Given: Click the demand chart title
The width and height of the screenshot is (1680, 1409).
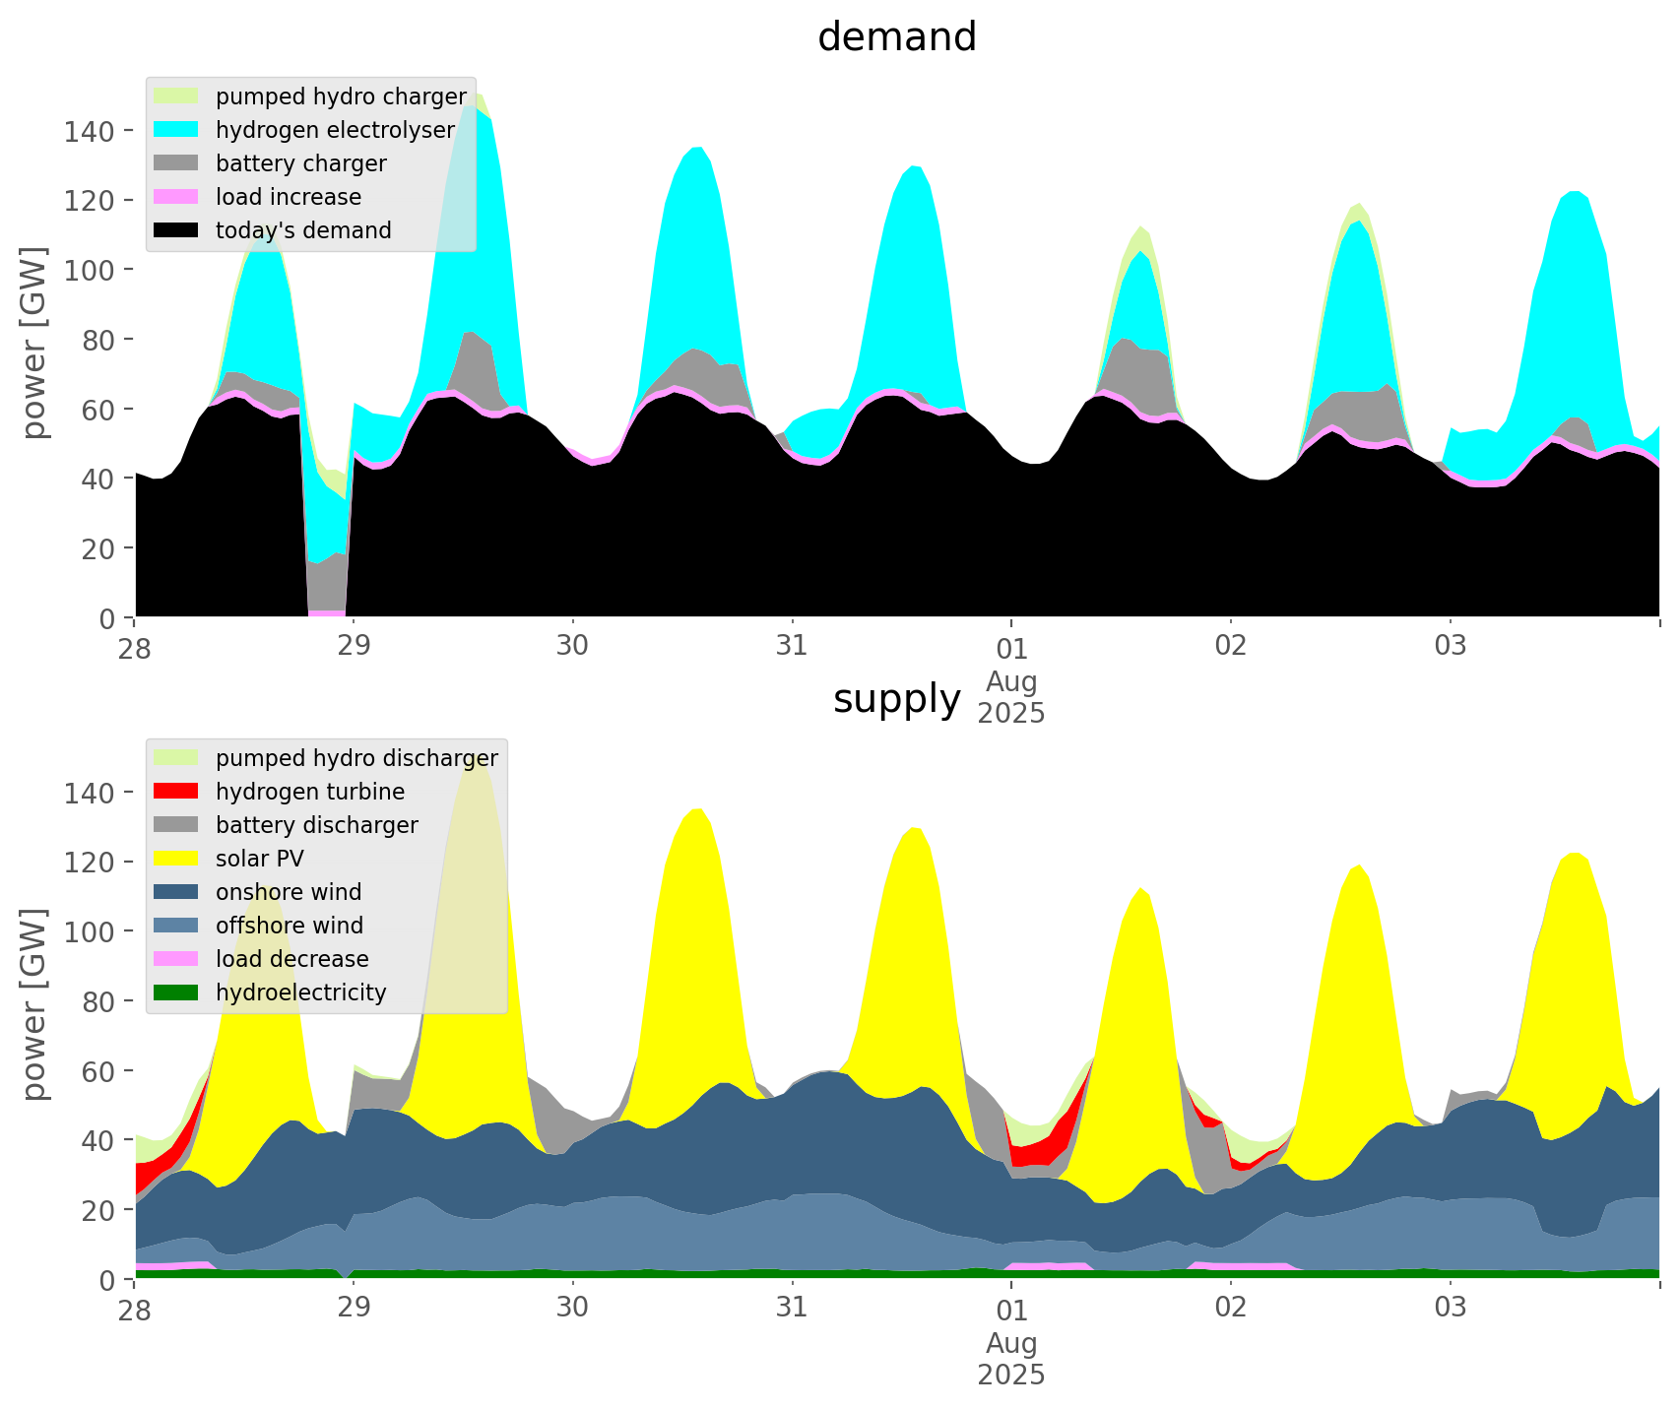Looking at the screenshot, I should [x=896, y=37].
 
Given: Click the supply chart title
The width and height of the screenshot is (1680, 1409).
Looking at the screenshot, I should [x=896, y=699].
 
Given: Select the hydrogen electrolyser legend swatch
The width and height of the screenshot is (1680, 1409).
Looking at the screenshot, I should [x=177, y=130].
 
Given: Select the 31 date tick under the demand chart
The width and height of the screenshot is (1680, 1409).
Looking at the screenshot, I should [x=792, y=647].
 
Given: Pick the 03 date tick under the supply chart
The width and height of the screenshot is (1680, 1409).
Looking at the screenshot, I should [x=1450, y=1309].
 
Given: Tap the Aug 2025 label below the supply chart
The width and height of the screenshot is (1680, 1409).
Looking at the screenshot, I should [x=1011, y=1359].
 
